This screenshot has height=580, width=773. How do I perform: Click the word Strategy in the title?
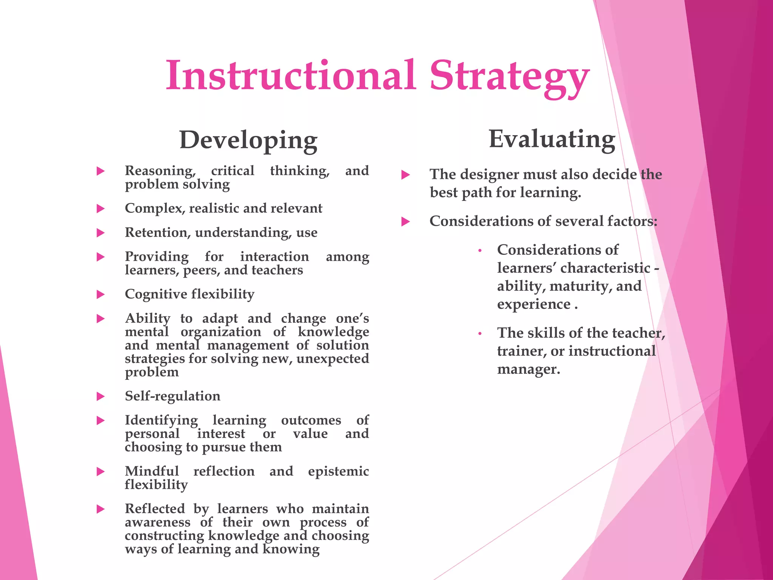point(510,77)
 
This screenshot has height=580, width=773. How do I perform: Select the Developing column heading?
point(248,140)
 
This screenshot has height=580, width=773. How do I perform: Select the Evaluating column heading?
point(552,139)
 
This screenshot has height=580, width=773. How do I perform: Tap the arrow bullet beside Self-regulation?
point(100,396)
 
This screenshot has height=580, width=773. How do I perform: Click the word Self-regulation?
point(172,396)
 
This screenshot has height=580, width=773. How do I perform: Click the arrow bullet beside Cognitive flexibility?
point(100,295)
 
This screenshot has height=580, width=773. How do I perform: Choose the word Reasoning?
point(160,171)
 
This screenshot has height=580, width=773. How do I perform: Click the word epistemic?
point(338,472)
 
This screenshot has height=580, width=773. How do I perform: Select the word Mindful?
point(152,471)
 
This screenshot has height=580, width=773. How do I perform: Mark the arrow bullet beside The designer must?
point(405,175)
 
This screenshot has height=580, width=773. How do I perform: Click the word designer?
point(488,174)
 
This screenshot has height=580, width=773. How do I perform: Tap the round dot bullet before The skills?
point(480,334)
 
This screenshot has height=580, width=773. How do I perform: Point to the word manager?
point(528,369)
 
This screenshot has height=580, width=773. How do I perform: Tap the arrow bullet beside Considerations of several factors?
point(405,222)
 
